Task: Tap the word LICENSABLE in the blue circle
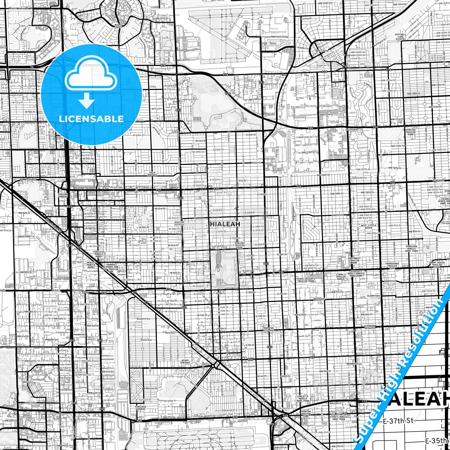tap(91, 119)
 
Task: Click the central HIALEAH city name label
tap(225, 224)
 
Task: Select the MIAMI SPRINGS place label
tap(185, 362)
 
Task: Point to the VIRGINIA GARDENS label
tap(140, 408)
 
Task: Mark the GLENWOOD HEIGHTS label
tap(370, 327)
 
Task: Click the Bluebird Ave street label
tap(143, 319)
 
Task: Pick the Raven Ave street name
tap(146, 340)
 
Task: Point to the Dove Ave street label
tap(170, 333)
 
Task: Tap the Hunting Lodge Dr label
tap(167, 401)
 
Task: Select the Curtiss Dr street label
tap(306, 19)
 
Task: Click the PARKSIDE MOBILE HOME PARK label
tap(411, 249)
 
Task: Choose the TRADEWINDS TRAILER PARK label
tap(392, 266)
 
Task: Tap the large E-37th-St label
tap(398, 421)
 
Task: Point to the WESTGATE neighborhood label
tap(319, 299)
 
